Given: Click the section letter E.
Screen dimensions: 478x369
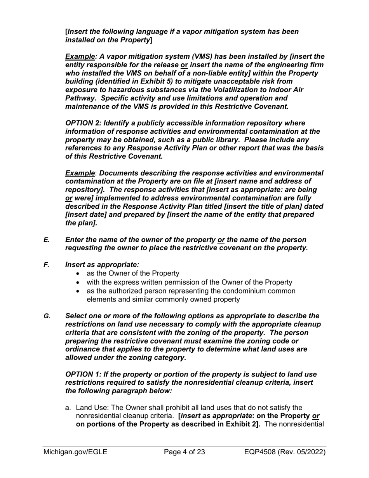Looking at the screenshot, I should point(46,240).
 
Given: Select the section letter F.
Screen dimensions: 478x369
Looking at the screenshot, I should point(46,265).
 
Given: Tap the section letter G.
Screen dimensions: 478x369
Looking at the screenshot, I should point(47,316).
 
